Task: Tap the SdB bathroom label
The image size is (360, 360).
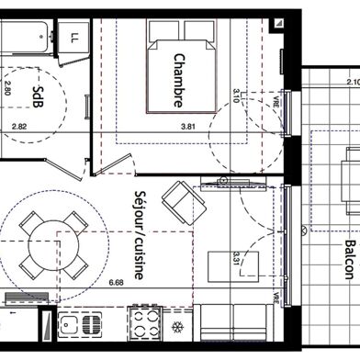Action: [37, 95]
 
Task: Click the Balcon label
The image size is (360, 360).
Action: [349, 259]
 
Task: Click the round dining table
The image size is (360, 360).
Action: [47, 245]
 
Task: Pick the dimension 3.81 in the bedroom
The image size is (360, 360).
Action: [189, 126]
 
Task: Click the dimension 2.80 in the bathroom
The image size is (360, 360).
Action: [7, 88]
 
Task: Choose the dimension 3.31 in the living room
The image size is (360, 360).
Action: [236, 258]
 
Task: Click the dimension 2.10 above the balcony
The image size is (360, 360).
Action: [352, 82]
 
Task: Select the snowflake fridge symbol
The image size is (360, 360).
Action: [178, 329]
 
